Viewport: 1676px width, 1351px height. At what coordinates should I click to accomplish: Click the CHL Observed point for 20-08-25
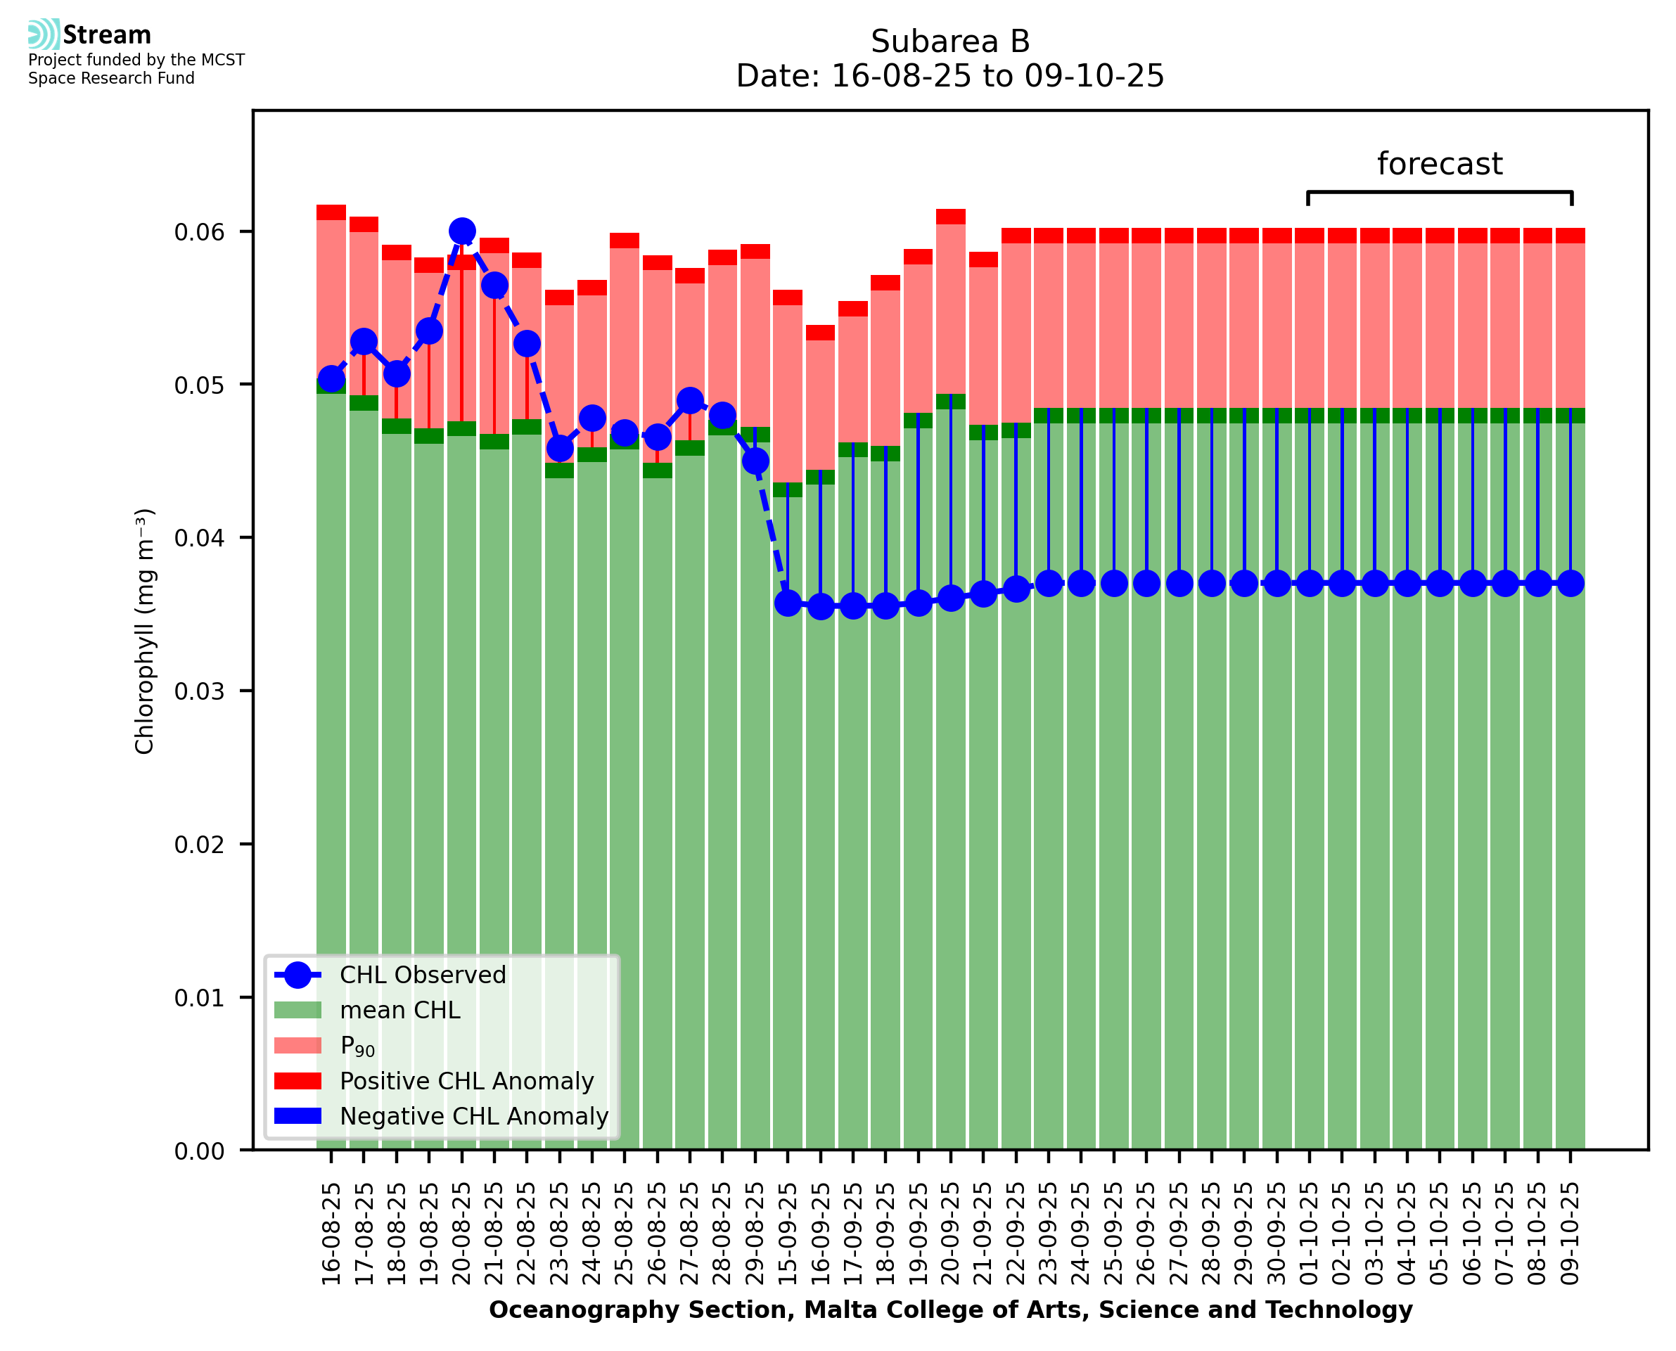coord(462,231)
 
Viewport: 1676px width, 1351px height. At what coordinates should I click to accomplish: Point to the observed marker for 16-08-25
coord(331,379)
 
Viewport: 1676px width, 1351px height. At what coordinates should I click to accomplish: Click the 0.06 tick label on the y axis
coord(199,232)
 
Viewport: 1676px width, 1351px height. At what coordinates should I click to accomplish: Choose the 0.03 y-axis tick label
coord(199,691)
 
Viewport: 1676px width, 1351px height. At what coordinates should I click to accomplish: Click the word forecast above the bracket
coord(1440,164)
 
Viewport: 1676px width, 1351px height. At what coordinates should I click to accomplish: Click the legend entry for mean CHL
coord(400,1009)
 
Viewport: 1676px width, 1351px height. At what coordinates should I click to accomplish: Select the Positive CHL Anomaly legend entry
coord(467,1081)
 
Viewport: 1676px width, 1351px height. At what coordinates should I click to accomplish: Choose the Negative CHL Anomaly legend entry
coord(474,1116)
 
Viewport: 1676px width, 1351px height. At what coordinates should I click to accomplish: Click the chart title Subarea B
coord(950,41)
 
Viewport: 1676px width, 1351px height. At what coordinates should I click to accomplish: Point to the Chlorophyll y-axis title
coord(145,631)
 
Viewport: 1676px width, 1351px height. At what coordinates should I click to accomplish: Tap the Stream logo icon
coord(44,34)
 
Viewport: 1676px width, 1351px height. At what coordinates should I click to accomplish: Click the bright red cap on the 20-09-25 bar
coord(951,217)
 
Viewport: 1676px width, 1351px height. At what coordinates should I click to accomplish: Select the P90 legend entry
coord(357,1046)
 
